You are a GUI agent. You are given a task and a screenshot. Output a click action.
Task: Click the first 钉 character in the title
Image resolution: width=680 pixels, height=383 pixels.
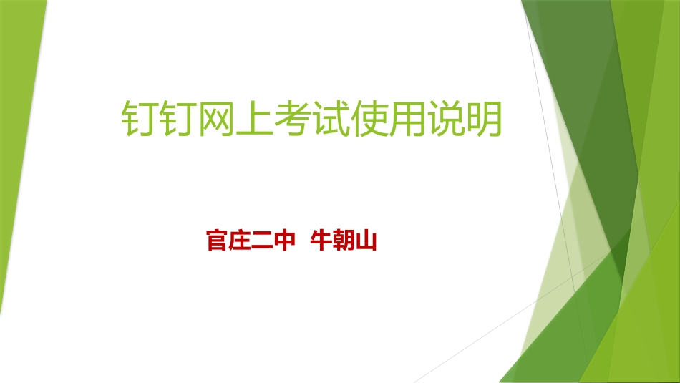coord(138,118)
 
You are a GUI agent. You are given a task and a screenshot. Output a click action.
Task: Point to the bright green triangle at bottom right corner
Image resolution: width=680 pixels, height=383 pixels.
coord(644,344)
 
